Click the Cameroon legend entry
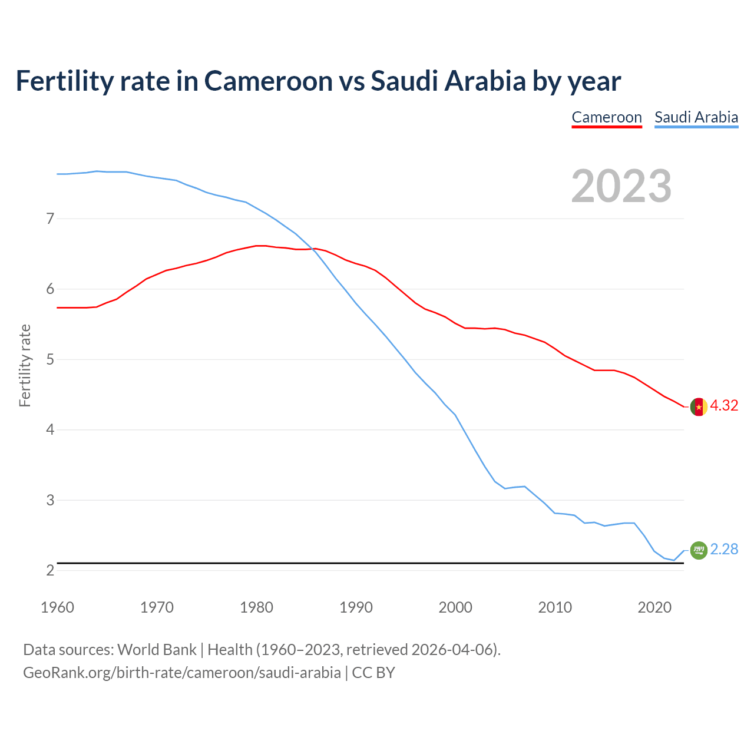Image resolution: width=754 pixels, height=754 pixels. pyautogui.click(x=607, y=117)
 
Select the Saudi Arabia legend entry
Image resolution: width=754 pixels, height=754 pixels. pyautogui.click(x=696, y=117)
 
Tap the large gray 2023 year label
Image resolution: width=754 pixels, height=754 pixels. pyautogui.click(x=621, y=186)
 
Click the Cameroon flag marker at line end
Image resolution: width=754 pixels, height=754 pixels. pyautogui.click(x=699, y=406)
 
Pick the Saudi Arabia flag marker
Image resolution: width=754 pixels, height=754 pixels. pyautogui.click(x=699, y=550)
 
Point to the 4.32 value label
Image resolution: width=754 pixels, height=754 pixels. pyautogui.click(x=724, y=406)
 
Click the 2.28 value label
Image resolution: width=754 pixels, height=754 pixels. pyautogui.click(x=724, y=550)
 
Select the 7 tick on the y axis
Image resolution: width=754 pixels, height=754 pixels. pyautogui.click(x=50, y=219)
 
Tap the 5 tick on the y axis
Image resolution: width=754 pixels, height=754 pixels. pyautogui.click(x=50, y=359)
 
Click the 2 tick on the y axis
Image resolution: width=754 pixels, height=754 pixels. pyautogui.click(x=50, y=570)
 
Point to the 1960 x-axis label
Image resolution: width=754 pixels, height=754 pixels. pyautogui.click(x=57, y=607)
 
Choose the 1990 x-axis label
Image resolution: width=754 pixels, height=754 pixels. pyautogui.click(x=356, y=607)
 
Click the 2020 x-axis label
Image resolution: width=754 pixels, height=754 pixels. pyautogui.click(x=654, y=607)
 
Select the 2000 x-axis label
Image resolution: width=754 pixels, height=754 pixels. pyautogui.click(x=455, y=607)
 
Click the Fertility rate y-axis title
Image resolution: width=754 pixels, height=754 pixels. pyautogui.click(x=25, y=365)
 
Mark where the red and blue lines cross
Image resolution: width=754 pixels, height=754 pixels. pyautogui.click(x=313, y=249)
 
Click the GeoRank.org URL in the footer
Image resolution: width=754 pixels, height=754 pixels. pyautogui.click(x=181, y=673)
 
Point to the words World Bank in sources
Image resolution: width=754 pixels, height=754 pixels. pyautogui.click(x=157, y=650)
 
